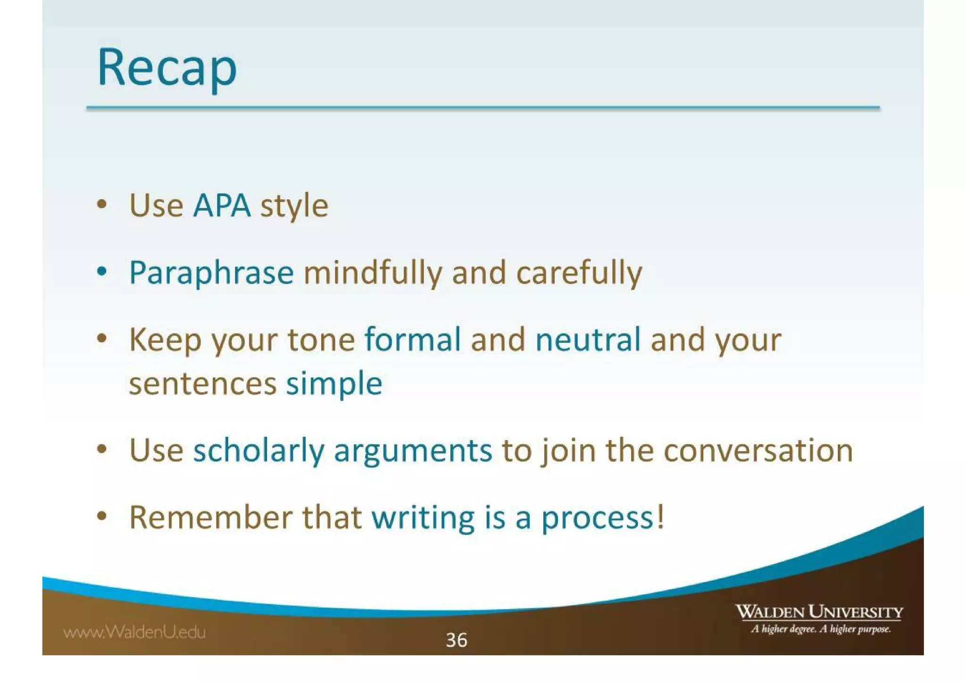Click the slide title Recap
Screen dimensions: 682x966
[x=167, y=67]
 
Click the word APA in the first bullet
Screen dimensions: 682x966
[x=222, y=205]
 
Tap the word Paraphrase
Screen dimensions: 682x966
[x=211, y=273]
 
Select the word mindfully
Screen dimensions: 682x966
[x=373, y=273]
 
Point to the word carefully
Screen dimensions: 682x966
[x=579, y=273]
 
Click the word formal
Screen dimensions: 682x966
[x=413, y=339]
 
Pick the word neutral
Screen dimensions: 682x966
[x=588, y=339]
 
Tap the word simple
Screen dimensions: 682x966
[x=334, y=384]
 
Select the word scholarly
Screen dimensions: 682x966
[x=258, y=451]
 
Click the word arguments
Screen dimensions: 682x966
[x=413, y=451]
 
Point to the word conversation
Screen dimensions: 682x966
[x=758, y=451]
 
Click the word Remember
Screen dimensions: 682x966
[x=210, y=518]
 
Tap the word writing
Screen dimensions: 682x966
[x=423, y=518]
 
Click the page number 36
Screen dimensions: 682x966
[x=456, y=640]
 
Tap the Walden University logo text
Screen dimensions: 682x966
[x=819, y=612]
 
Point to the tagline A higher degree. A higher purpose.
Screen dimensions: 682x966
[x=821, y=629]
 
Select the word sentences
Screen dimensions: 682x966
[x=202, y=384]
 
